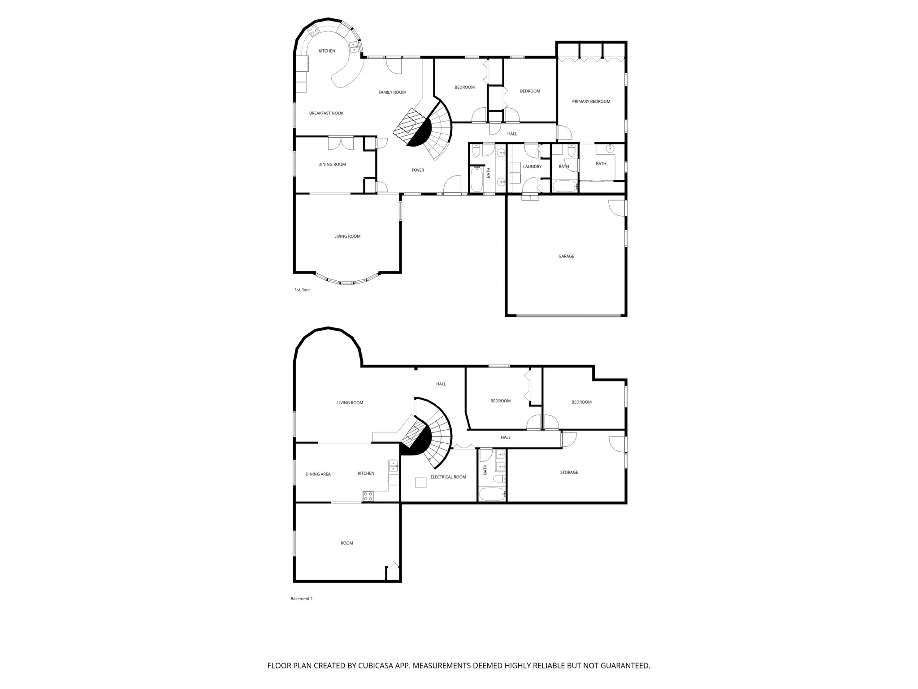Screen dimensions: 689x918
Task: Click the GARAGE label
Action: click(x=566, y=256)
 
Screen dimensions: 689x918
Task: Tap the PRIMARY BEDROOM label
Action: click(x=591, y=101)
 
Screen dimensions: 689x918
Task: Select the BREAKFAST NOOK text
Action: click(x=326, y=113)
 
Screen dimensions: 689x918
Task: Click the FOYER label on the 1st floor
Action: click(x=418, y=170)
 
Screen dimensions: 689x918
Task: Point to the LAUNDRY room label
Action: click(x=532, y=166)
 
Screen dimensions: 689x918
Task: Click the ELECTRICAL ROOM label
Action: click(x=448, y=477)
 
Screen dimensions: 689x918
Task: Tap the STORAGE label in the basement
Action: click(x=569, y=472)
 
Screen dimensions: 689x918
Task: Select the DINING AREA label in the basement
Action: click(x=318, y=474)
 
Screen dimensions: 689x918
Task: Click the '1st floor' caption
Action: click(x=302, y=290)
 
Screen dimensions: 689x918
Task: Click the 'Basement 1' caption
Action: click(x=301, y=598)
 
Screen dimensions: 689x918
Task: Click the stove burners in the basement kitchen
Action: click(x=368, y=496)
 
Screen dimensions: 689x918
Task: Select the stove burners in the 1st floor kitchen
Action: click(x=312, y=31)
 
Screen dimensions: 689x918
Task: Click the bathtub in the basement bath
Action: click(x=492, y=494)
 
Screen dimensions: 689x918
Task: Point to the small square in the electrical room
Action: click(x=420, y=482)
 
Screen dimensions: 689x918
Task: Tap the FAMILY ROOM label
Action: click(x=392, y=92)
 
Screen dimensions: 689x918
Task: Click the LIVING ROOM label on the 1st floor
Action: click(x=347, y=236)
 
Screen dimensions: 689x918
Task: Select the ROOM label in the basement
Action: click(x=346, y=543)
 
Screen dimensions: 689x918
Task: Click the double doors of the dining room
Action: click(x=341, y=143)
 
